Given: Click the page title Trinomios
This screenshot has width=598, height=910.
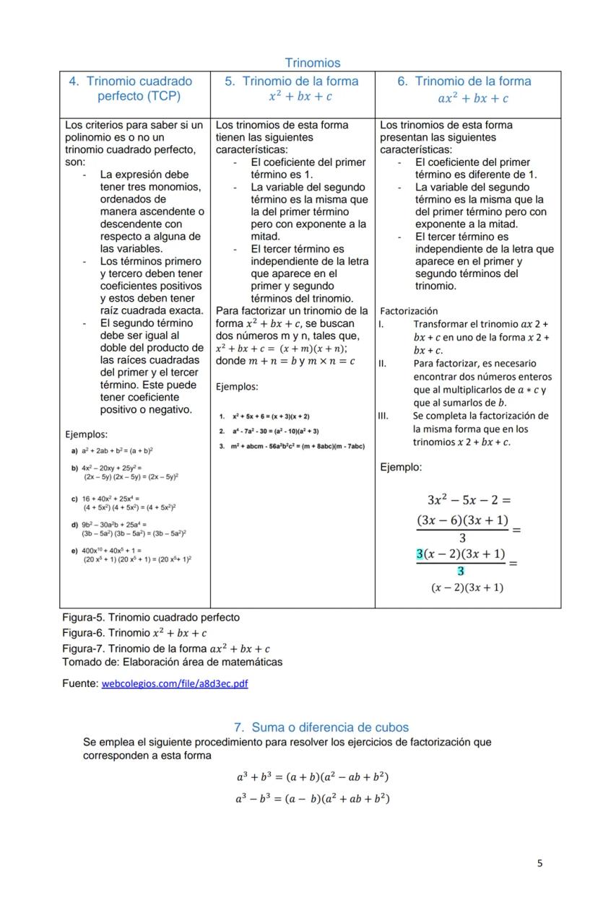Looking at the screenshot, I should [x=312, y=63].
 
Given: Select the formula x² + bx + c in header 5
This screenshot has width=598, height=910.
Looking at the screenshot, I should [x=300, y=97].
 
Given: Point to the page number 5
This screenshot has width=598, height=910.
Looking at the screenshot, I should [x=539, y=863].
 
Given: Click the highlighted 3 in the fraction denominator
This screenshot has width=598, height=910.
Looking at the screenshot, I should [x=461, y=571].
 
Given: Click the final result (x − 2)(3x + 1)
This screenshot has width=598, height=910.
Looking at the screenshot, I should [x=467, y=587].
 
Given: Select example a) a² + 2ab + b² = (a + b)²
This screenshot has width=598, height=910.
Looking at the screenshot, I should [x=111, y=450].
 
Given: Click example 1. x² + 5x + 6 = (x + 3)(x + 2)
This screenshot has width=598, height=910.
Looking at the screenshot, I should [x=264, y=416].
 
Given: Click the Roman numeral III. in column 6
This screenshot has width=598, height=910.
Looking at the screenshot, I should [x=383, y=416].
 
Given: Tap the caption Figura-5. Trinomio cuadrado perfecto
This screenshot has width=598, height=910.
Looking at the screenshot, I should [x=151, y=618].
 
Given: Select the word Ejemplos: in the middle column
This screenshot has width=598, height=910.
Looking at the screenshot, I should [x=237, y=387].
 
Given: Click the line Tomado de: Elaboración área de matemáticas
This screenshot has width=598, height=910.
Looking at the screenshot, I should [x=172, y=662].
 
